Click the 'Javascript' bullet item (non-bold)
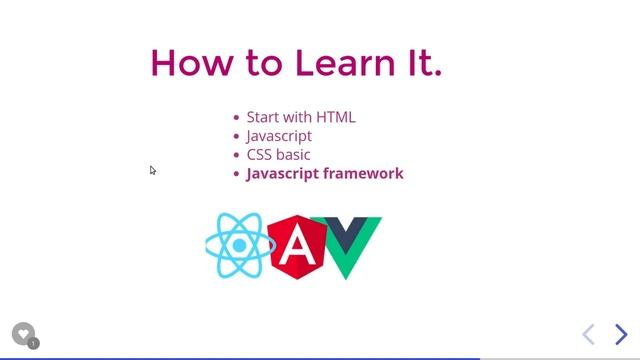coord(279,136)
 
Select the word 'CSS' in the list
coord(259,155)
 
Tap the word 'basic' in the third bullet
coord(293,155)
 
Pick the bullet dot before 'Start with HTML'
coord(236,118)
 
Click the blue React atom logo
coord(239,246)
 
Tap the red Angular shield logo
coord(296,246)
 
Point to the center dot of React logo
coord(240,246)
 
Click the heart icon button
coord(23,334)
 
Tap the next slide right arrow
coord(621,334)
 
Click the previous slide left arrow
coord(589,334)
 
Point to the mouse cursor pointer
coord(153,170)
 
